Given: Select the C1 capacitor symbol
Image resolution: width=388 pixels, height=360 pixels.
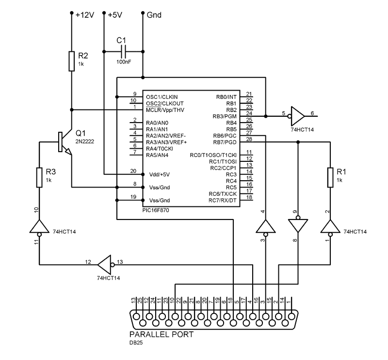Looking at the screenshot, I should tap(123, 49).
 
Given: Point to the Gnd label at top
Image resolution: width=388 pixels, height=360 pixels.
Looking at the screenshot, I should tap(154, 15).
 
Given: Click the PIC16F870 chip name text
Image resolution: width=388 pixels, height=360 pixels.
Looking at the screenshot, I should tap(155, 211).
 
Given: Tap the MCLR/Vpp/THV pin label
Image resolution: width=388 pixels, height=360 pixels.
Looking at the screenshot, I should tap(165, 110).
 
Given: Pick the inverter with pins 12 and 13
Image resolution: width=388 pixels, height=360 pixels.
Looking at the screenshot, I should tap(105, 265).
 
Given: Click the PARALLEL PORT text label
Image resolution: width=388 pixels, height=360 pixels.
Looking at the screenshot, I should tap(161, 334).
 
